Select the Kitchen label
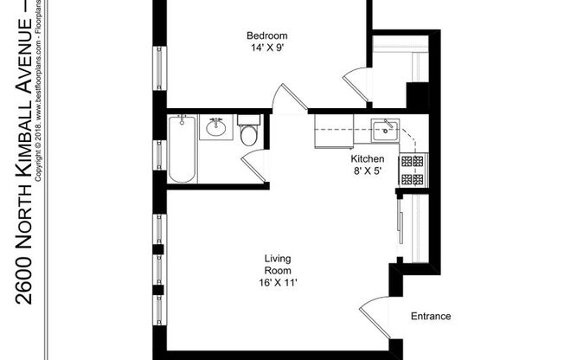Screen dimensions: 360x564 pyautogui.click(x=367, y=160)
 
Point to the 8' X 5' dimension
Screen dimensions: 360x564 pyautogui.click(x=367, y=172)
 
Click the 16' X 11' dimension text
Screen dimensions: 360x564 pyautogui.click(x=277, y=283)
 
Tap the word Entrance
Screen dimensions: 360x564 pyautogui.click(x=430, y=316)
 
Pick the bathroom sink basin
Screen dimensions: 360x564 pyautogui.click(x=216, y=130)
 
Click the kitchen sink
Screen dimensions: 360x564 pyautogui.click(x=383, y=132)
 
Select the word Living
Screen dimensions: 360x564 pyautogui.click(x=277, y=259)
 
